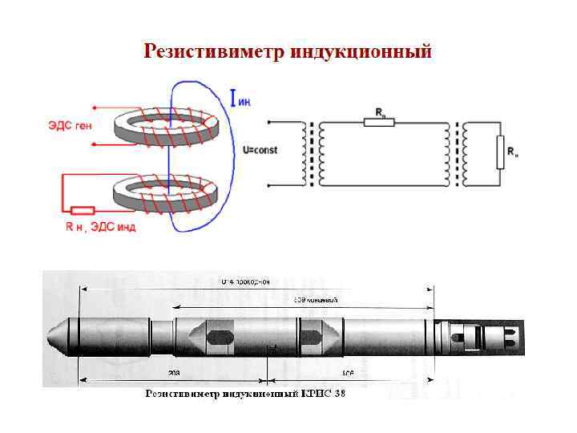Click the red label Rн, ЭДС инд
point(100,228)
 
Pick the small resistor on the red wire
point(83,211)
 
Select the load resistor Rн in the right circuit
point(500,152)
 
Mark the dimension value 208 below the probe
point(174,373)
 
